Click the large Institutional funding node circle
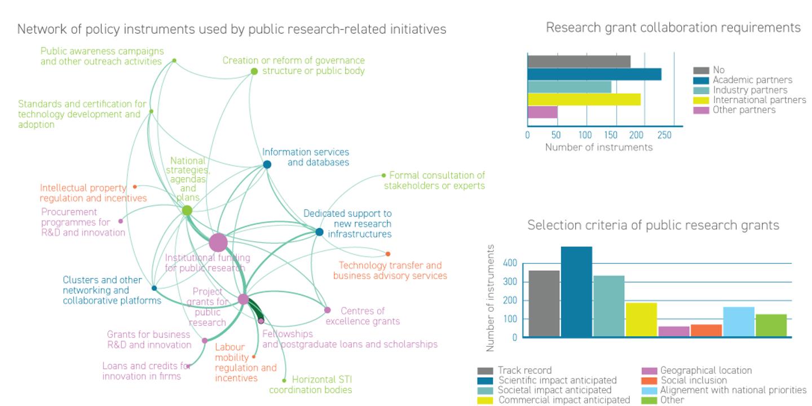point(218,242)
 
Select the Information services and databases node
point(267,165)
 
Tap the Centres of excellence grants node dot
point(327,310)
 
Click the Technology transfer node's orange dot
point(388,254)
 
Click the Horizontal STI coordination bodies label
point(311,385)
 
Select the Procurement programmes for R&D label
point(83,222)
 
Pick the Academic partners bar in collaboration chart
point(594,74)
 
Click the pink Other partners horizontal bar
point(542,112)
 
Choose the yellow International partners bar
point(584,99)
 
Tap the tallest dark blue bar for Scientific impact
point(576,292)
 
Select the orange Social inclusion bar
point(707,330)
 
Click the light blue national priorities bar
point(739,322)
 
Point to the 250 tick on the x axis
point(664,135)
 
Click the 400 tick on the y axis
point(510,263)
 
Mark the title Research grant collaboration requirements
point(673,28)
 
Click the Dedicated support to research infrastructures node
point(319,232)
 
